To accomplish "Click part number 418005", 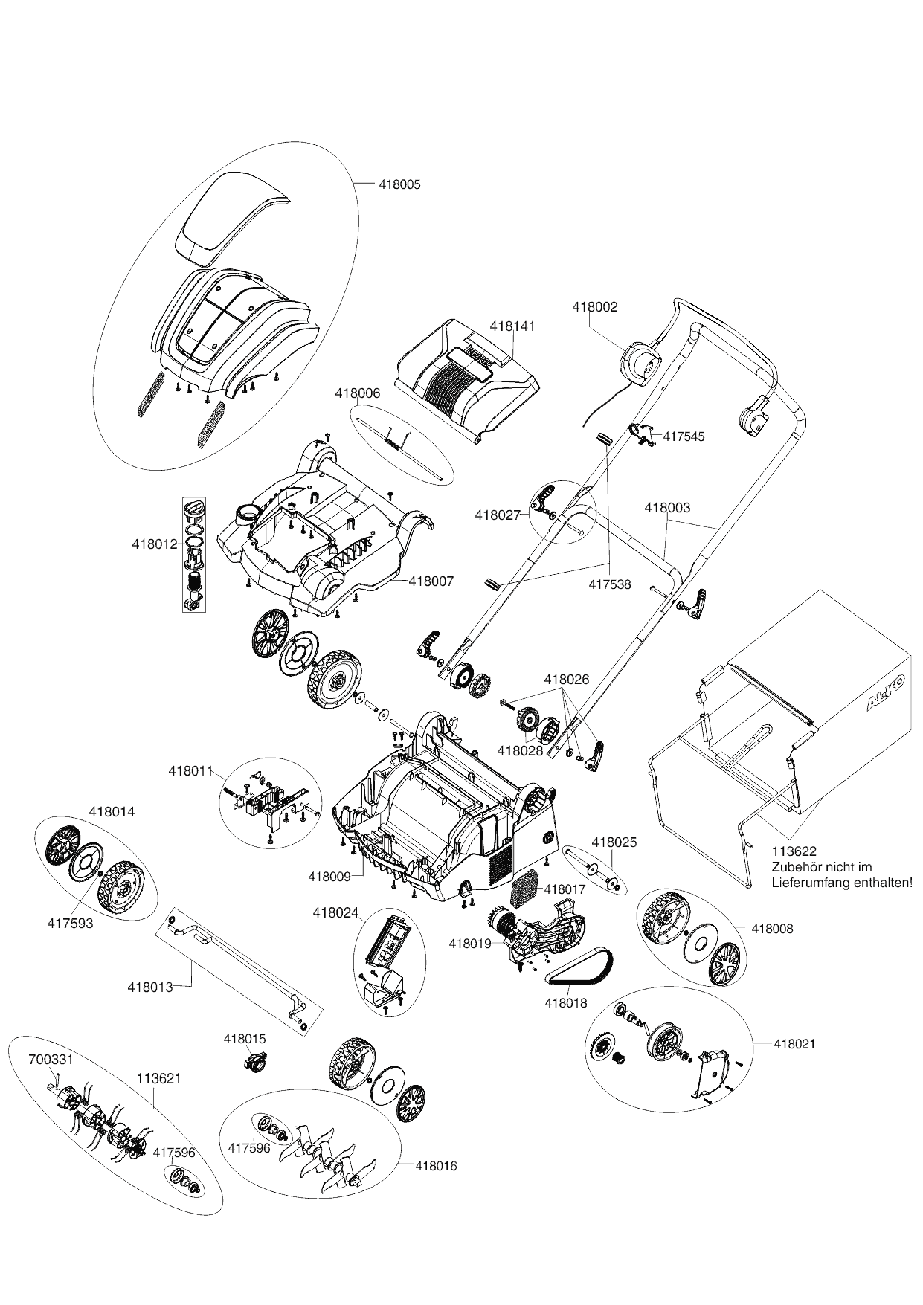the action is [399, 184].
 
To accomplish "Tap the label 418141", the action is [512, 326].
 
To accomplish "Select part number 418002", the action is [594, 306].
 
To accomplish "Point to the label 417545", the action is [684, 436].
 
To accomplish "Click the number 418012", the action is [155, 544].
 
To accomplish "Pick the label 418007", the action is [431, 581].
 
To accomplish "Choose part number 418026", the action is [567, 679].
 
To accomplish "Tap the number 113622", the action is [794, 852].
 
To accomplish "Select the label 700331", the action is [51, 1060].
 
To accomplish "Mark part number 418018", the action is [566, 1003].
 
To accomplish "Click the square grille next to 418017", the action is [524, 889].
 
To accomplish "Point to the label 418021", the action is [794, 1044].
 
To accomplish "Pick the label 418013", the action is [150, 987].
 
